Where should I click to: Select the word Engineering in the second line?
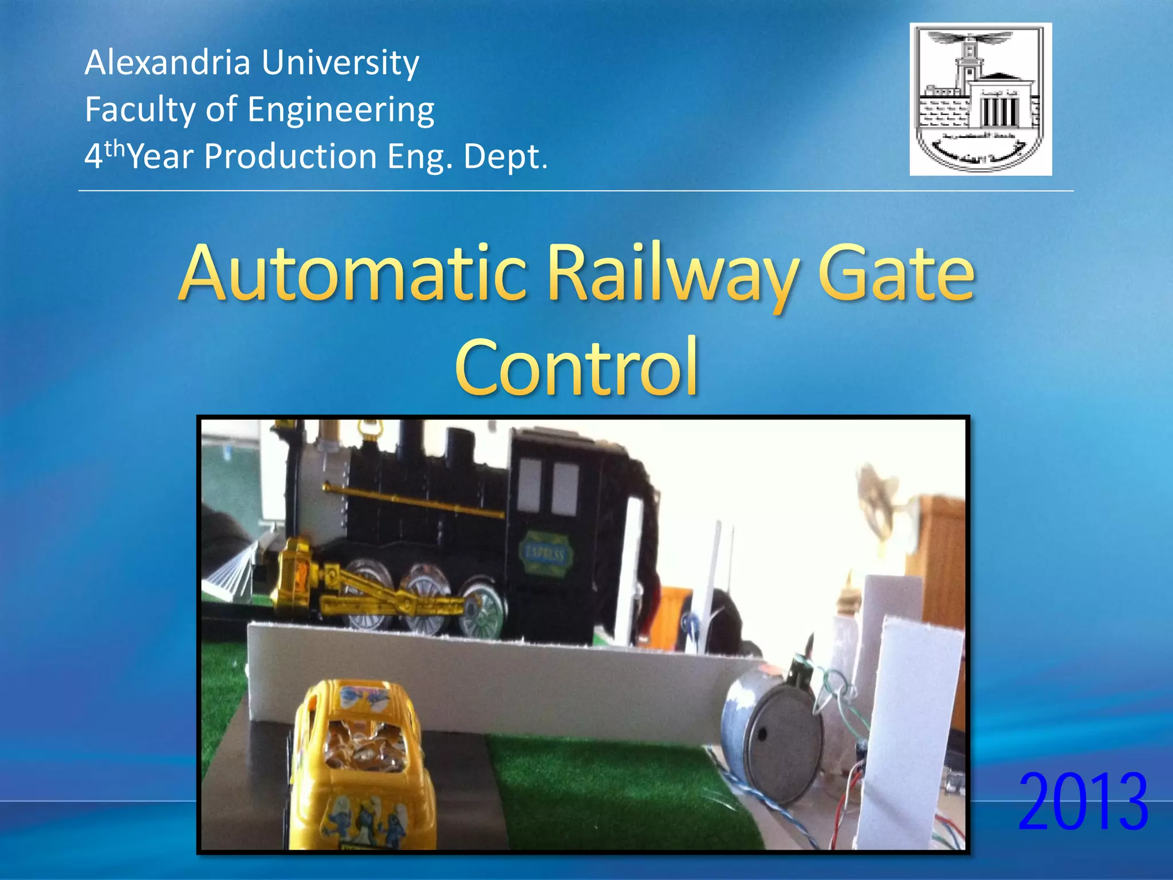[341, 109]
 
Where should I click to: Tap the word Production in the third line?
[290, 156]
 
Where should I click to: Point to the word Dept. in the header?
[505, 156]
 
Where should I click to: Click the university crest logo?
[981, 99]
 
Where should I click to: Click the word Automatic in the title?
[353, 273]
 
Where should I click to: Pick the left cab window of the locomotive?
[529, 485]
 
